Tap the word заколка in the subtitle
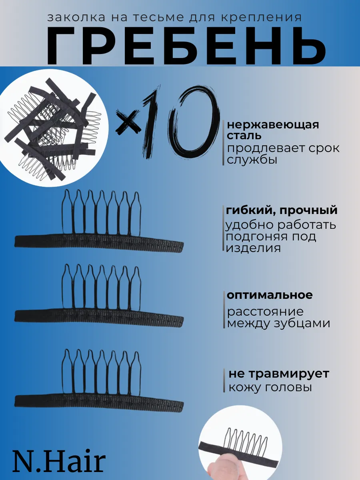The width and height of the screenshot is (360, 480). click(x=76, y=18)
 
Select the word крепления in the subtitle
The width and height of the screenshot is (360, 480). click(x=261, y=18)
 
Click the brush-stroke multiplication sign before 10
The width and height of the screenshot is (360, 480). click(x=128, y=122)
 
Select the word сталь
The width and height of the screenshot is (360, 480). click(x=244, y=136)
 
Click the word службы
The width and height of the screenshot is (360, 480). click(x=252, y=160)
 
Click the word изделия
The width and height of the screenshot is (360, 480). click(x=253, y=248)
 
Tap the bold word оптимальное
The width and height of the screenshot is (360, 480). click(x=270, y=295)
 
